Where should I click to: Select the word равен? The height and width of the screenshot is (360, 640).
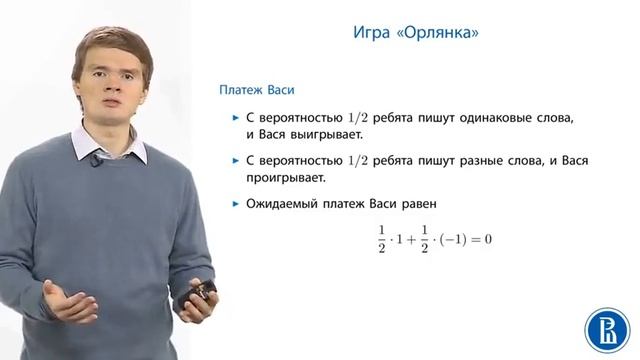[416, 204]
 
